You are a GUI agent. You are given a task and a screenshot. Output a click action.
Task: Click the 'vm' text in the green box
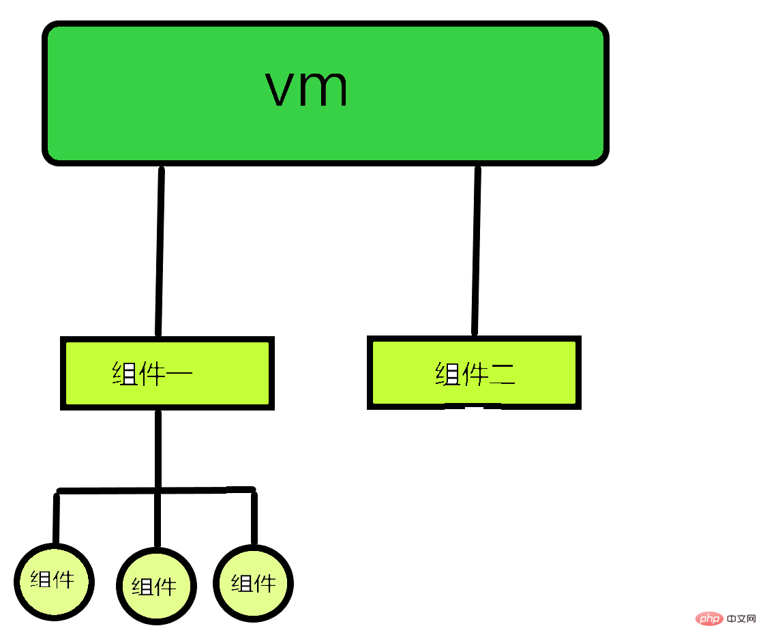pos(307,89)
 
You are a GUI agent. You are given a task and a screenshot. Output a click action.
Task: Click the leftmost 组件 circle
pos(54,582)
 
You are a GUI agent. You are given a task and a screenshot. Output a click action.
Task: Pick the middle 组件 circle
pos(156,585)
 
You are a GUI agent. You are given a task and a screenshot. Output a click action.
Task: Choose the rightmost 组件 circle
pos(254,584)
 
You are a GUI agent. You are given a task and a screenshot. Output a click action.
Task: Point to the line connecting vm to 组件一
pos(160,252)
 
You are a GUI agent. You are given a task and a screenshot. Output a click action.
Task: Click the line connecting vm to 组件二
pos(476,252)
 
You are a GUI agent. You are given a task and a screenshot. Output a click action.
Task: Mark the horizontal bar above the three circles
pos(109,490)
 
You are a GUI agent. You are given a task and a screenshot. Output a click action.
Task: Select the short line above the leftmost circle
pos(56,518)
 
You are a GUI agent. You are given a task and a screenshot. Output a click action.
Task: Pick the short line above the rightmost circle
pos(254,518)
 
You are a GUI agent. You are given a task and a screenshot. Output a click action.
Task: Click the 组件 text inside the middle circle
pos(154,586)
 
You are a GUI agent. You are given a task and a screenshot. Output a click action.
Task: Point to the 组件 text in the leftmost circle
pos(52,580)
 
